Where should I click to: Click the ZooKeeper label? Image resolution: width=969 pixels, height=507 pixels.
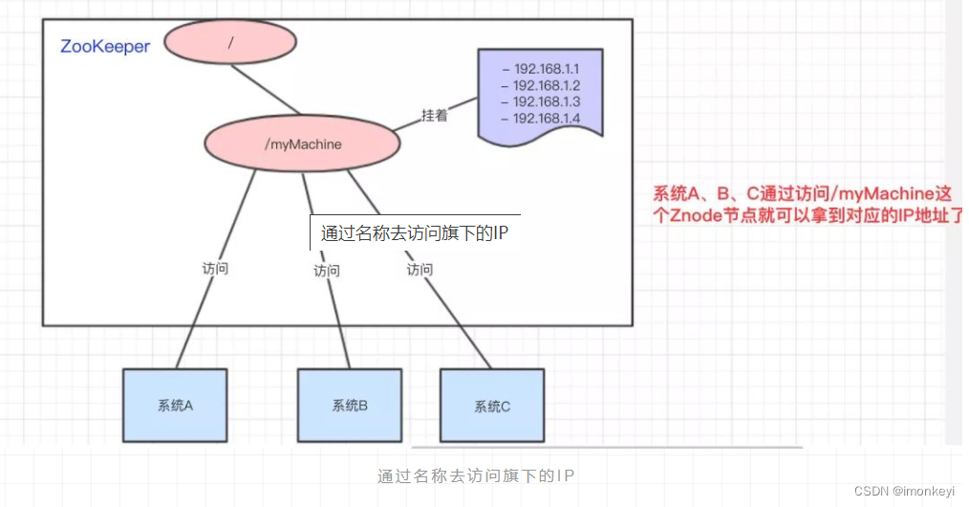105,46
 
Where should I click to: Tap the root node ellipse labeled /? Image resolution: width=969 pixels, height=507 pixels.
229,41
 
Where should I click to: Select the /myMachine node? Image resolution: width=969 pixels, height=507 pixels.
302,143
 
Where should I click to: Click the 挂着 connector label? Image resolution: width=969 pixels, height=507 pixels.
435,115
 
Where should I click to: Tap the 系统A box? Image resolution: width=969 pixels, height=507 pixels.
175,405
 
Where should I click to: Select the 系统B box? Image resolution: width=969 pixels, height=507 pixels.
349,405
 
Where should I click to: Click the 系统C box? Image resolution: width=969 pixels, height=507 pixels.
491,407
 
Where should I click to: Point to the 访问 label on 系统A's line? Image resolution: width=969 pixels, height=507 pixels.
215,269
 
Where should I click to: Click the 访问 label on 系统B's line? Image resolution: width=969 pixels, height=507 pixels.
327,271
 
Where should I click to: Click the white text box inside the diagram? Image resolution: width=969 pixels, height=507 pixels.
415,232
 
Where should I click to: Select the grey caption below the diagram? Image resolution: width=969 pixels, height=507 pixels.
477,475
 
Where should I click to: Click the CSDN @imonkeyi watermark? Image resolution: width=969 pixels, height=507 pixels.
903,491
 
